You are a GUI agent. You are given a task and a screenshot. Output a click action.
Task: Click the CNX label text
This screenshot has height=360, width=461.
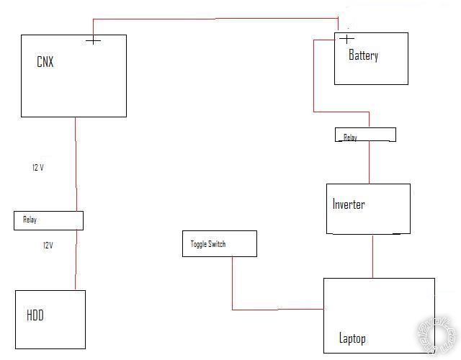pos(45,62)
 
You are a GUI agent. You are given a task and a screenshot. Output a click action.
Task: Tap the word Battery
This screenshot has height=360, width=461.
pos(363,55)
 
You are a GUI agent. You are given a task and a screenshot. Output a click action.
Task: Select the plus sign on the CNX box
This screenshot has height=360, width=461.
pos(93,40)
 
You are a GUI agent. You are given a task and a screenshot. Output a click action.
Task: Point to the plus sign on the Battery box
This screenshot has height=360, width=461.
pos(347,39)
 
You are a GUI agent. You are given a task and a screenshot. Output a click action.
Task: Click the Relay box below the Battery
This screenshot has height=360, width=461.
pos(365,135)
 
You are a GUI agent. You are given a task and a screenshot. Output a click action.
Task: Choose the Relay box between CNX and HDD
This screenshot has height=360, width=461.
pos(48,220)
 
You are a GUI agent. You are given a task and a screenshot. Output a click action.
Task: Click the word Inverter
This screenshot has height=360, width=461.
pos(349,204)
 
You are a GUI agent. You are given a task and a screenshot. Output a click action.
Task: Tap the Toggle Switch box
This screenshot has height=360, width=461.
pos(219,243)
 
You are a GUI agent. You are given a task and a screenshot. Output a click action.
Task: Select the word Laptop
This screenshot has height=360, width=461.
pos(352,338)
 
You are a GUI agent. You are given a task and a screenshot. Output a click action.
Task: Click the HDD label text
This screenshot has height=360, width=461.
pos(36,315)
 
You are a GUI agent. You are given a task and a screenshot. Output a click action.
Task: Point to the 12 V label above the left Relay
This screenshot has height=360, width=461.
pos(39,167)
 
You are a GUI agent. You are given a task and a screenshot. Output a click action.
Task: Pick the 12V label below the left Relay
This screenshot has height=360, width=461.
pos(48,246)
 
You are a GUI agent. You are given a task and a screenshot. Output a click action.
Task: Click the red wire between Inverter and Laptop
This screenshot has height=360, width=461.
pos(372,256)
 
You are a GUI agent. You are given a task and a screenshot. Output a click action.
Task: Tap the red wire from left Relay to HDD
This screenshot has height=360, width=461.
pos(76,259)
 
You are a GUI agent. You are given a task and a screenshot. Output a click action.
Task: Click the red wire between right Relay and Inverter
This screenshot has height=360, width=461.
pos(369,162)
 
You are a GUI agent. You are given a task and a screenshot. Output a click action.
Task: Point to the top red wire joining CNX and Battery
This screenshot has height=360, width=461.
pos(216,19)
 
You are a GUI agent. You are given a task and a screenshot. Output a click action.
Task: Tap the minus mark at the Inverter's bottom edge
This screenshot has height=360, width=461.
pos(396,233)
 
